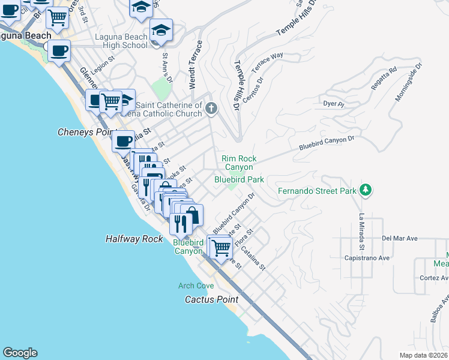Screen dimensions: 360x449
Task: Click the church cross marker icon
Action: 211,109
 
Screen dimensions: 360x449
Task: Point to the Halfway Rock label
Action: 134,238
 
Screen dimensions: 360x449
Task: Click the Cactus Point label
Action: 211,299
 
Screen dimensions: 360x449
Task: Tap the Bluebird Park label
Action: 240,179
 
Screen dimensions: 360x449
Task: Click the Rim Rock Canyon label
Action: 239,163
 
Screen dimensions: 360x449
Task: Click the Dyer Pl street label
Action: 333,104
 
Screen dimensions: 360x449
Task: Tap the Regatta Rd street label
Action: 384,78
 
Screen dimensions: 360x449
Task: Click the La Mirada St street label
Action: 362,232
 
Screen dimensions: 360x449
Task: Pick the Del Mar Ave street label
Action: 399,238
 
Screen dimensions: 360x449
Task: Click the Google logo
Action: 20,353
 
